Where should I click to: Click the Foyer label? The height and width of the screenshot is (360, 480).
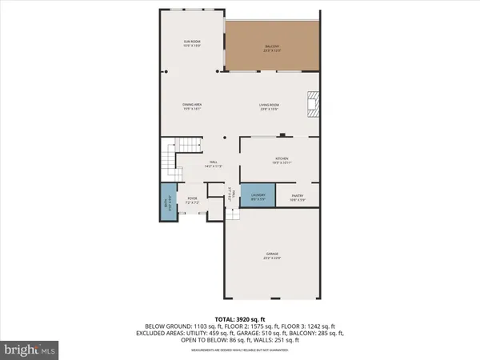(192, 200)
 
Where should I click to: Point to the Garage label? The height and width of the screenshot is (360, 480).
(272, 256)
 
